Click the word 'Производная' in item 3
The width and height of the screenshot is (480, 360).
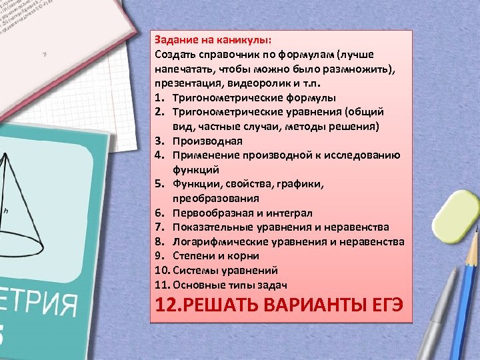[207, 141]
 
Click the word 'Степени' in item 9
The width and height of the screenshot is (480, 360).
[193, 256]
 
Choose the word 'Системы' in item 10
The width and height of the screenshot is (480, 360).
[195, 271]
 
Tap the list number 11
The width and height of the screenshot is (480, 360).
[161, 285]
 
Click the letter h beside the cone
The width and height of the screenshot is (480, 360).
[6, 211]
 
